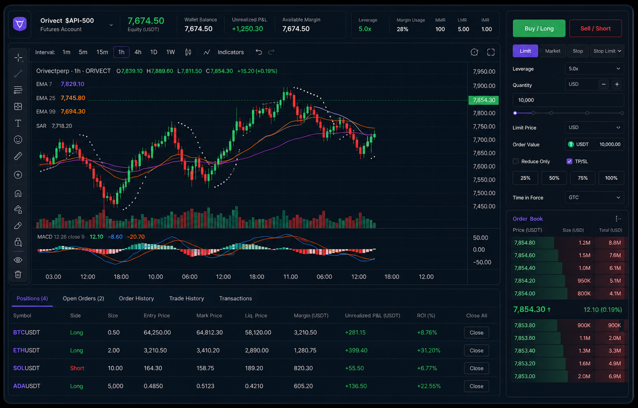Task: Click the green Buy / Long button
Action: tap(539, 28)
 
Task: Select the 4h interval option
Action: tap(138, 52)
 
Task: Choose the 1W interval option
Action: tap(170, 52)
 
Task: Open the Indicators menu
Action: tap(231, 52)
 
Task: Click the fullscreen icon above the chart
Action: tap(491, 52)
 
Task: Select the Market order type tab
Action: tap(553, 51)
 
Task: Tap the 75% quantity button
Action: tap(582, 178)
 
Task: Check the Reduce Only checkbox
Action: tap(516, 161)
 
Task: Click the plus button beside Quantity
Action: tap(617, 84)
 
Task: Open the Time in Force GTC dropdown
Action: tap(594, 197)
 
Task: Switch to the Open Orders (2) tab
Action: tap(83, 298)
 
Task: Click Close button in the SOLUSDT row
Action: tap(476, 368)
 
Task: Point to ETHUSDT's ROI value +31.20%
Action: tap(428, 350)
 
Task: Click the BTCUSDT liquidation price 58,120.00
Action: tap(258, 332)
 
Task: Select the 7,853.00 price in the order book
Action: tap(525, 376)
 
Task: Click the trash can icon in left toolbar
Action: tap(18, 274)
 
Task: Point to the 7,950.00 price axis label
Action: tap(484, 72)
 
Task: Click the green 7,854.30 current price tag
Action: tap(483, 100)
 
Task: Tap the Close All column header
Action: tap(477, 315)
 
